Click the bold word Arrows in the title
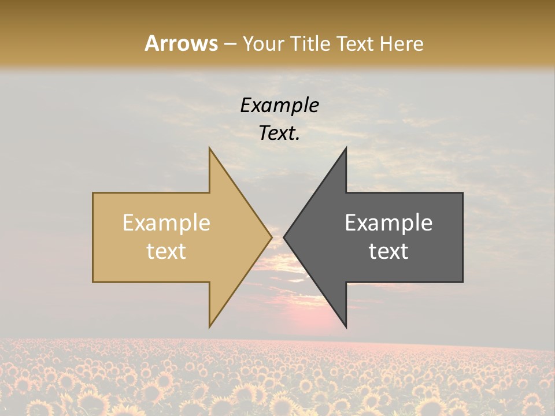pyautogui.click(x=181, y=43)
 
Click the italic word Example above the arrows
pyautogui.click(x=279, y=106)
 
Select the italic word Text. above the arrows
pyautogui.click(x=279, y=133)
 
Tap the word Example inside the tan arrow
pyautogui.click(x=166, y=223)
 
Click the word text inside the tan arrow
pyautogui.click(x=166, y=251)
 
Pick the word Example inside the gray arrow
pyautogui.click(x=388, y=223)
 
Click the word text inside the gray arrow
pyautogui.click(x=388, y=251)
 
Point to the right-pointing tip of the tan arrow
pyautogui.click(x=271, y=237)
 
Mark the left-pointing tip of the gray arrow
pyautogui.click(x=284, y=237)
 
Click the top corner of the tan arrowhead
pyautogui.click(x=210, y=148)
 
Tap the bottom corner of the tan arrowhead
pyautogui.click(x=210, y=326)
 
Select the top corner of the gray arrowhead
pyautogui.click(x=346, y=148)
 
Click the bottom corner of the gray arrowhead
pyautogui.click(x=346, y=326)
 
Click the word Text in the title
pyautogui.click(x=356, y=44)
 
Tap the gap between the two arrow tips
pyautogui.click(x=277, y=237)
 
